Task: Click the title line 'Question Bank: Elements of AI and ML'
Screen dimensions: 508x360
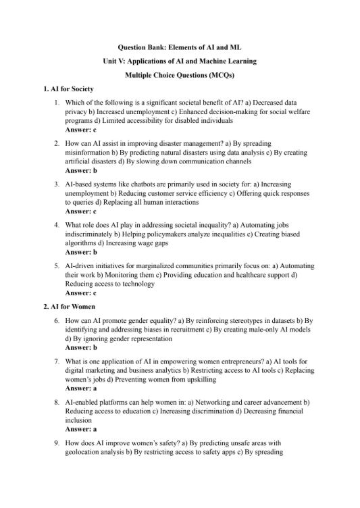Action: point(179,49)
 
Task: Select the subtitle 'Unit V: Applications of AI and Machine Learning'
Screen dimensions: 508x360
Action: point(179,61)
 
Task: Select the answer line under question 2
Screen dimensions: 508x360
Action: point(81,170)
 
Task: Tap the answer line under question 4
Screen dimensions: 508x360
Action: point(81,251)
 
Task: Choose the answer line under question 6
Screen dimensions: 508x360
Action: point(81,347)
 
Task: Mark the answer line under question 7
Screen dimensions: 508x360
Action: point(81,388)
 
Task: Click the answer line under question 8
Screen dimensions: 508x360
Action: point(81,429)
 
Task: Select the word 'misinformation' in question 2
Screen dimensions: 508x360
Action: point(88,153)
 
